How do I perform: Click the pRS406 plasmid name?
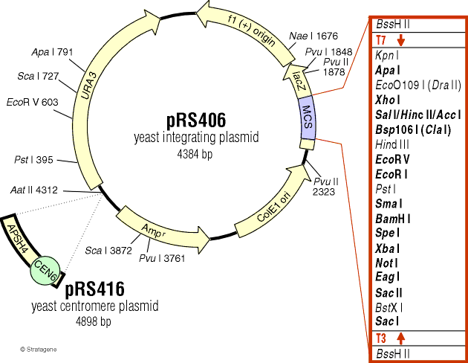click(195, 120)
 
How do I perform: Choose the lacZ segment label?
click(299, 80)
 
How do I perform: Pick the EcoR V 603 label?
click(31, 101)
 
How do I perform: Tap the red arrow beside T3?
click(400, 338)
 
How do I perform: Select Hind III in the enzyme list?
click(392, 144)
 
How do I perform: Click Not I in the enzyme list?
click(388, 262)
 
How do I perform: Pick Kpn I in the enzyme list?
click(388, 54)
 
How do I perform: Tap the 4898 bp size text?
click(93, 321)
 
